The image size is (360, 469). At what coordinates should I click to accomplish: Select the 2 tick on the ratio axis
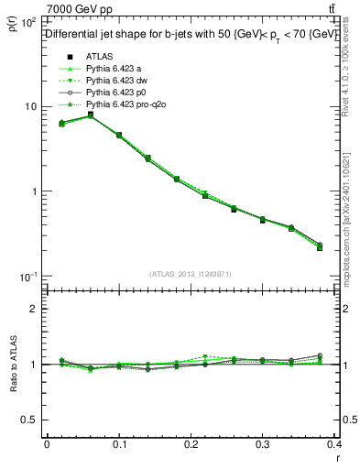(37, 310)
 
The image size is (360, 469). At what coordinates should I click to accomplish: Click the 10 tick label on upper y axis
(30, 106)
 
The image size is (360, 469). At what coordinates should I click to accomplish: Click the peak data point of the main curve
(90, 115)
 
